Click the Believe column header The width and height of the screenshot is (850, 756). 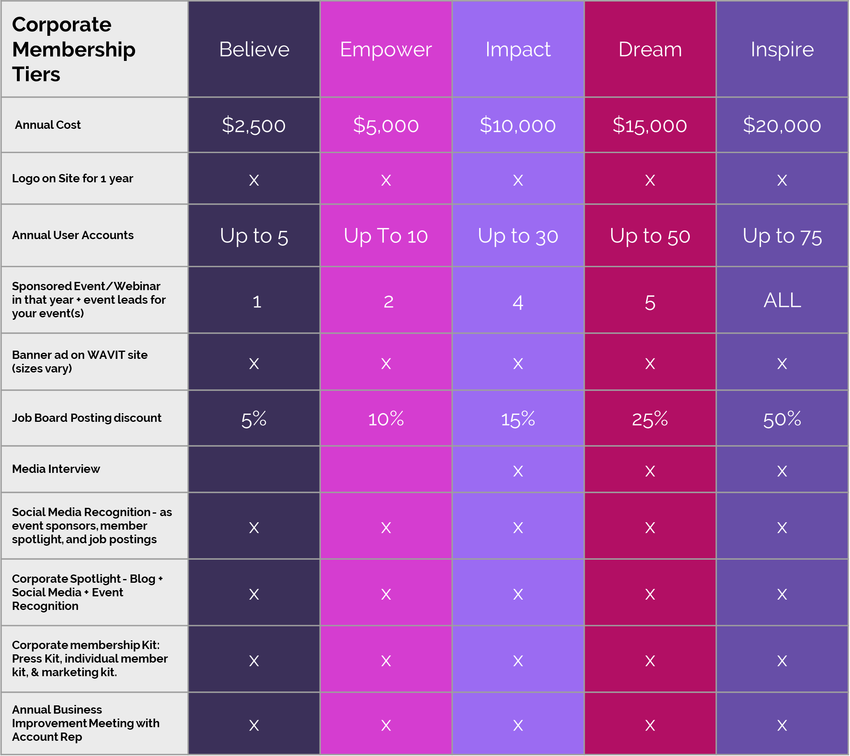(254, 49)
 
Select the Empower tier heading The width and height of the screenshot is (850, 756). (386, 49)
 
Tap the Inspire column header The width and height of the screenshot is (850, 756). (782, 49)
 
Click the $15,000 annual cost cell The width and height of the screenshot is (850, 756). (649, 126)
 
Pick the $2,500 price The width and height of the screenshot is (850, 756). (254, 126)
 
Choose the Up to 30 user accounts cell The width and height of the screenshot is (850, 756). (518, 236)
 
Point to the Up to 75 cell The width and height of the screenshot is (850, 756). (782, 236)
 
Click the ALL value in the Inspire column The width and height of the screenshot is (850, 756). (782, 300)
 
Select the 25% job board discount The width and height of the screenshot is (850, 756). (649, 419)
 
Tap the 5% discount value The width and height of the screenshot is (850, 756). (254, 419)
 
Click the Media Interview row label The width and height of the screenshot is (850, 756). (56, 469)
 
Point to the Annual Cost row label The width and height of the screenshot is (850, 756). (48, 125)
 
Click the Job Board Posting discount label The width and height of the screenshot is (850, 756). (86, 418)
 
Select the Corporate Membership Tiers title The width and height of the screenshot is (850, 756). (74, 49)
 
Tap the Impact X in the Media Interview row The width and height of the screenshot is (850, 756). (518, 471)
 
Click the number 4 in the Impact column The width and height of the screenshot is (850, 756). (518, 302)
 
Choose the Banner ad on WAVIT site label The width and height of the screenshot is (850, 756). (79, 361)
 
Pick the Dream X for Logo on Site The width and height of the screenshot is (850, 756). (649, 180)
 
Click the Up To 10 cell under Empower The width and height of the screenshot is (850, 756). (386, 236)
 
